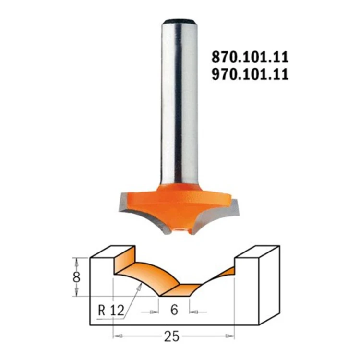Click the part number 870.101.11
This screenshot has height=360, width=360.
250,57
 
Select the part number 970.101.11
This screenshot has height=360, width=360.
250,74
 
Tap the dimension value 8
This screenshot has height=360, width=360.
76,277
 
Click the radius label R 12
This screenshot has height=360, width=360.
111,311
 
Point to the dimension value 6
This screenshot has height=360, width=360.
174,310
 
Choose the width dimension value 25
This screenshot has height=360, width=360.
172,337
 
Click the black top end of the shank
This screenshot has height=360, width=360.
180,21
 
